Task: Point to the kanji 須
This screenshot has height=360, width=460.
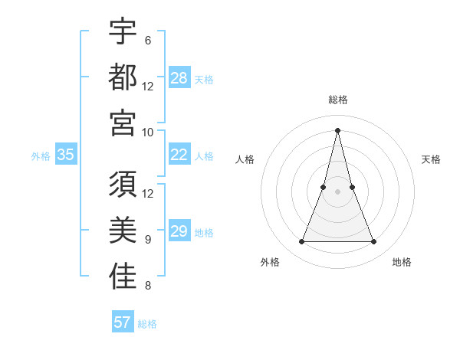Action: coord(123,185)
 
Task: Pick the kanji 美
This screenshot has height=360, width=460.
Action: coord(123,231)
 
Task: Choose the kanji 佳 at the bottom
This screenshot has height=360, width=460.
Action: coord(123,277)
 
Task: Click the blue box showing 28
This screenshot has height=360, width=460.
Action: coord(179,77)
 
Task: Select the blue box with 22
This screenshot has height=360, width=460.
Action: coord(179,155)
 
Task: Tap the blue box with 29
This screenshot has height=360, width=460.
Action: coord(179,231)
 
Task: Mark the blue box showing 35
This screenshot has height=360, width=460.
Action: coord(66,155)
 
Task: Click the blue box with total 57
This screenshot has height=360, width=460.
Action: coord(123,322)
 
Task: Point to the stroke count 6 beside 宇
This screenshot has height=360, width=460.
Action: coord(147,41)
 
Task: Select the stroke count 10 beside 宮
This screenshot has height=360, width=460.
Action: coord(148,132)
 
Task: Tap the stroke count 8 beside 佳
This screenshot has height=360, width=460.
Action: coord(147,286)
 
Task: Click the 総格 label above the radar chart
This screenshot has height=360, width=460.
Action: coord(338,100)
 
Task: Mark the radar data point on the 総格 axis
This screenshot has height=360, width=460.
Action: coord(338,129)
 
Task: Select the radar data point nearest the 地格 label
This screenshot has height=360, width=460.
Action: coord(374,242)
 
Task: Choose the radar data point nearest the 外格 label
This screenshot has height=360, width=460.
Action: coord(301,242)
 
